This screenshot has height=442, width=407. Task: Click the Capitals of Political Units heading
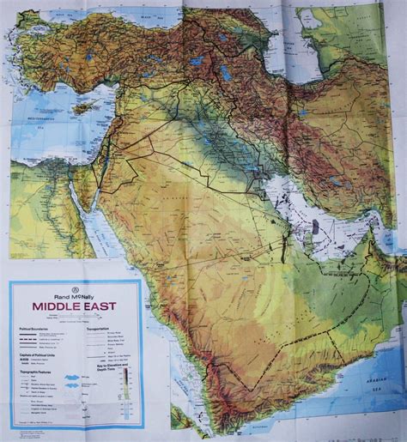[38, 354]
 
